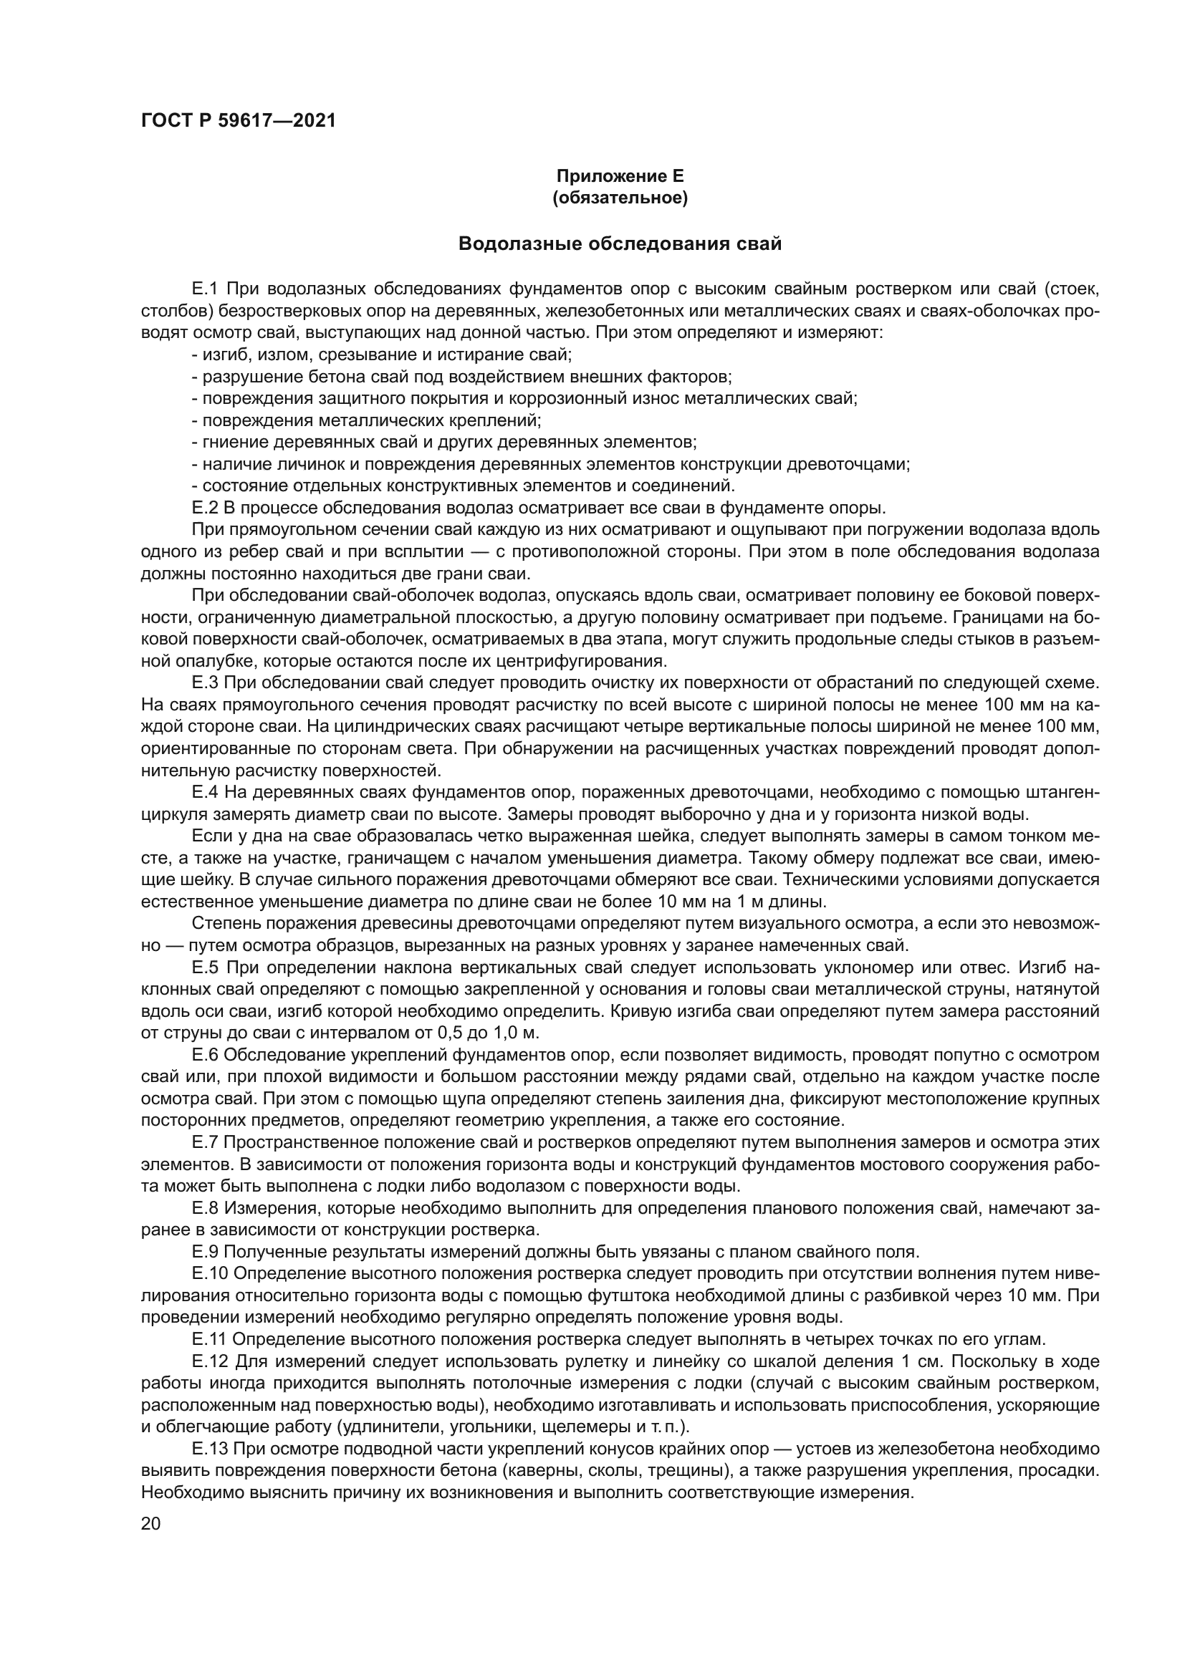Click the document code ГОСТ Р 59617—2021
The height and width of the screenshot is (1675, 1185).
pos(238,121)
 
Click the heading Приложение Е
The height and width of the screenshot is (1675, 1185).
pos(620,176)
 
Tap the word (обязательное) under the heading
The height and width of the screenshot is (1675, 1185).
pos(620,198)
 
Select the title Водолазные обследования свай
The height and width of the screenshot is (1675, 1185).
pos(620,243)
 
